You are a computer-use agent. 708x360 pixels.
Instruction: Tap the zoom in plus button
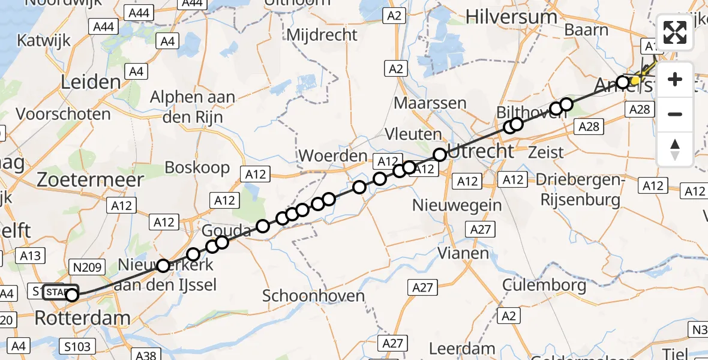point(675,80)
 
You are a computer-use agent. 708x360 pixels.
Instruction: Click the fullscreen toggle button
point(675,33)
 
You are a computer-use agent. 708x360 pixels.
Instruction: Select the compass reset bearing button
point(675,149)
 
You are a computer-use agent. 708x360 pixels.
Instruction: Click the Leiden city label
point(89,83)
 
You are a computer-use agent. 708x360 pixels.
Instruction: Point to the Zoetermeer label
point(91,179)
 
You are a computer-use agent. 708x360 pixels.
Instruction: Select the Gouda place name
point(226,230)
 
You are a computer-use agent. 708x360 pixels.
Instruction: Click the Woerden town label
point(332,156)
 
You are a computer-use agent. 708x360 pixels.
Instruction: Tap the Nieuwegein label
point(457,205)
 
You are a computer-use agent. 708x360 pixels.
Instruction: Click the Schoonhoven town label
point(313,295)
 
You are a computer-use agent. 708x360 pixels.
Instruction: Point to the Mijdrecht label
point(322,35)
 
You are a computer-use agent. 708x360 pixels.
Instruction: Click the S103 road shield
point(77,346)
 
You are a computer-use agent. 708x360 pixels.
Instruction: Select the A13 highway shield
point(31,256)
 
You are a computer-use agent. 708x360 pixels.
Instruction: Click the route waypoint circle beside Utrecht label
point(440,155)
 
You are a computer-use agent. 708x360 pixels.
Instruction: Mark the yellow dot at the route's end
point(635,79)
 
